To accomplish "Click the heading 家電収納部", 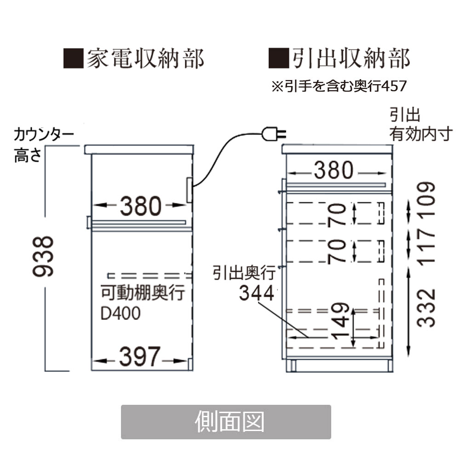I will pos(145,58).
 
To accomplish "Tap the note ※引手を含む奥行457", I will pos(339,86).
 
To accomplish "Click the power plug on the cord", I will pos(273,134).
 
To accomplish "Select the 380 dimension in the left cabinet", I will pos(141,206).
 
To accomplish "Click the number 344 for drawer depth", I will pos(256,293).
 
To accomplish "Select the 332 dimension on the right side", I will pos(428,307).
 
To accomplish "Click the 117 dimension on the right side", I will pos(428,247).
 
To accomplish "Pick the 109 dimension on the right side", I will pos(428,199).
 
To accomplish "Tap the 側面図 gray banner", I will pos(226,421).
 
